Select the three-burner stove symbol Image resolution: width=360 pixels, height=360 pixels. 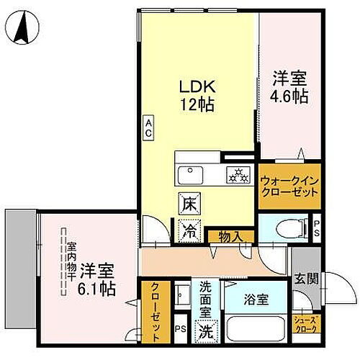(237, 174)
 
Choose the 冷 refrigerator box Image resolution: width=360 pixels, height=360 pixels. (186, 231)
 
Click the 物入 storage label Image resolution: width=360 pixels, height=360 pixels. (225, 235)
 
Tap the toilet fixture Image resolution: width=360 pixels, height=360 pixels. (288, 228)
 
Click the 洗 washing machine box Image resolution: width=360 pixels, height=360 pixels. (207, 333)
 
